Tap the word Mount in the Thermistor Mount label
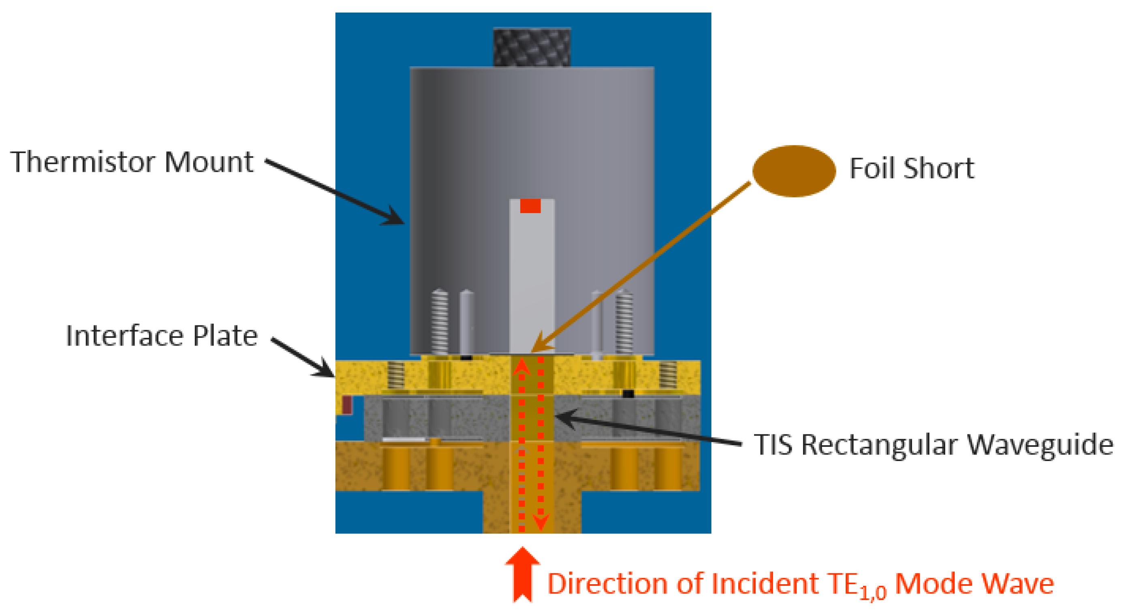click(209, 162)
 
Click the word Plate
click(225, 336)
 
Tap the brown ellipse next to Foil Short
click(794, 171)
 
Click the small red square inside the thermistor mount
click(530, 206)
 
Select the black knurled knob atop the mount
click(532, 47)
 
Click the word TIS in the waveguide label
click(773, 445)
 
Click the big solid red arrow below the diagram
click(522, 574)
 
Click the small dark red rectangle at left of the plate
click(347, 405)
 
